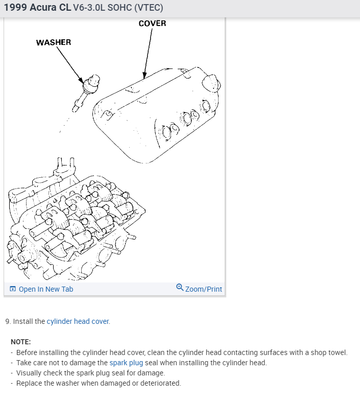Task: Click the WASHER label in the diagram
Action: (54, 42)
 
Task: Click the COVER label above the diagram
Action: (152, 23)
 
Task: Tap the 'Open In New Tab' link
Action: (45, 289)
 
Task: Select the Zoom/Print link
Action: (203, 289)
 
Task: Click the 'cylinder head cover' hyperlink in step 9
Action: (78, 321)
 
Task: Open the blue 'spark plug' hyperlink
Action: (126, 363)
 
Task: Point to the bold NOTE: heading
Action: (21, 342)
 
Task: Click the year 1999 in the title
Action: (15, 9)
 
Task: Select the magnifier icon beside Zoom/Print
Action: (180, 288)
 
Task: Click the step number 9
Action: (8, 321)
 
